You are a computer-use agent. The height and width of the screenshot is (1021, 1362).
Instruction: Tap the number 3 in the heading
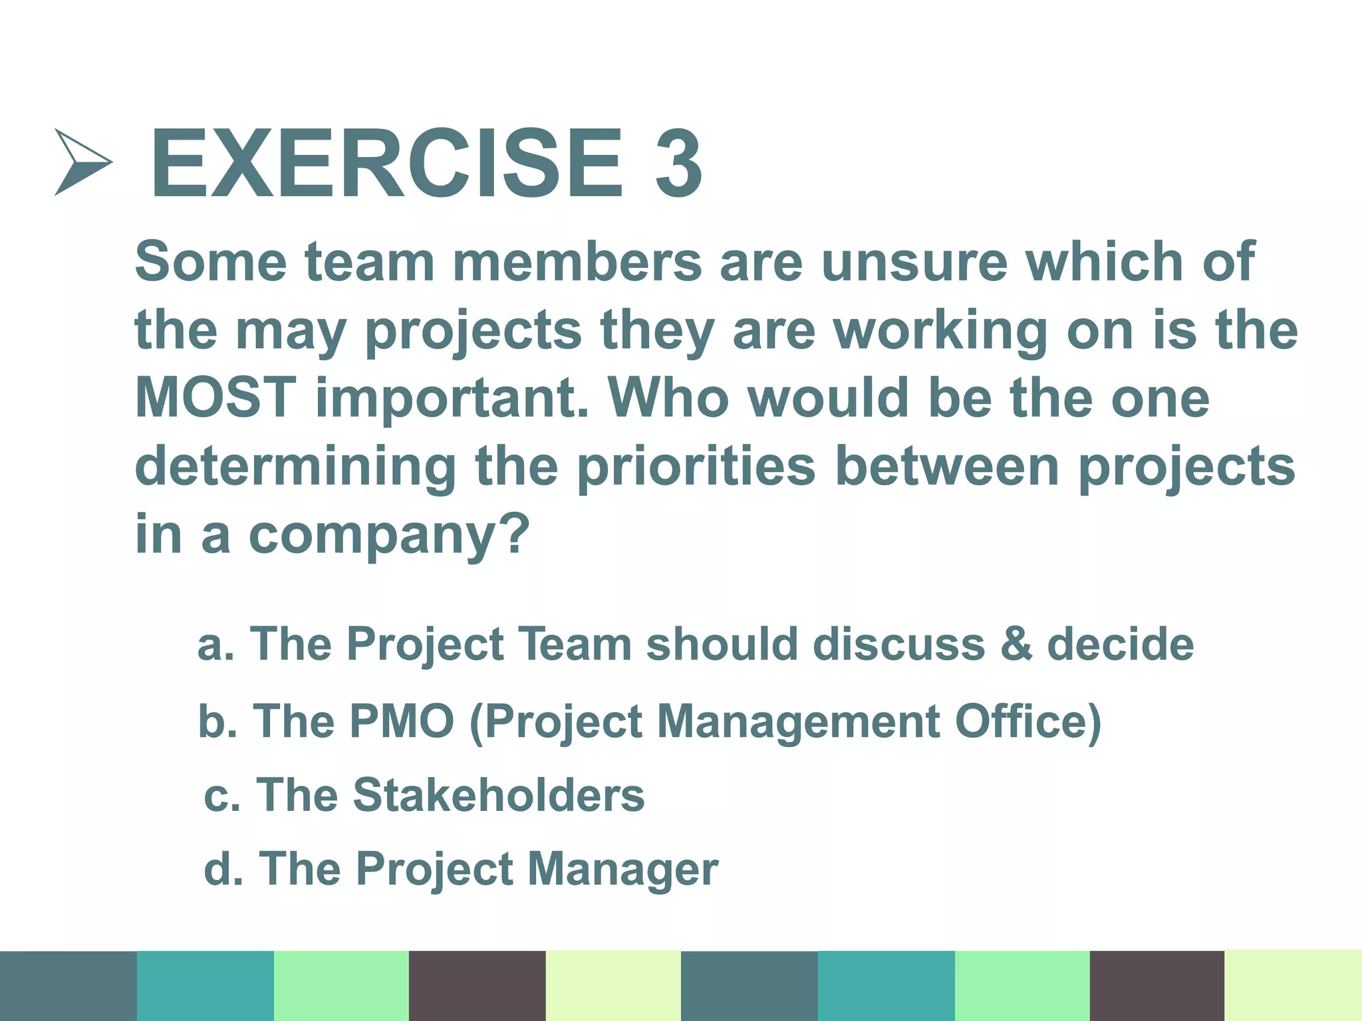point(678,164)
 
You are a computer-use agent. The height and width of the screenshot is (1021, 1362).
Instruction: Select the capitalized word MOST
point(215,397)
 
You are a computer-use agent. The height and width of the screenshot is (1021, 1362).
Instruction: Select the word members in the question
point(577,261)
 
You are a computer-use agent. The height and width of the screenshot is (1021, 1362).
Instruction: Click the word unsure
point(914,261)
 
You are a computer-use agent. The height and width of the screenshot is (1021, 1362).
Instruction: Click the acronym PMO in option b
point(402,721)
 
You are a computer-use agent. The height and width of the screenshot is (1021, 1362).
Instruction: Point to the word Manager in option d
point(623,870)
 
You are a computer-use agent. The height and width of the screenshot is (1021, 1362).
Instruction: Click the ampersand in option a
point(1016,644)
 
